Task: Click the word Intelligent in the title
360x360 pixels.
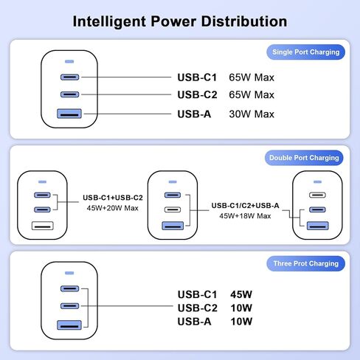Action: [x=109, y=21]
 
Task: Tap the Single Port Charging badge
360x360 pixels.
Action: [x=305, y=52]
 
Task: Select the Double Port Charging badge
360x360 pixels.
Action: [x=304, y=158]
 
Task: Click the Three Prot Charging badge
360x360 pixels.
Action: [x=305, y=263]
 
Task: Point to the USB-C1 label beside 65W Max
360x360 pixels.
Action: [x=197, y=77]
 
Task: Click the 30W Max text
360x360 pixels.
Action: [x=252, y=114]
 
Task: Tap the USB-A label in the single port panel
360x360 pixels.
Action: [x=194, y=114]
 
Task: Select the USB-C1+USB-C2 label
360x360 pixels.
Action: [x=113, y=198]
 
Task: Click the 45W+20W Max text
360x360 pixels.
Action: [x=113, y=208]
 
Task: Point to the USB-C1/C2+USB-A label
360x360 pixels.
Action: [x=245, y=206]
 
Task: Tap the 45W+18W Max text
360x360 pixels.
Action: [x=245, y=216]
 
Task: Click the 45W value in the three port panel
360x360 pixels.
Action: [x=241, y=294]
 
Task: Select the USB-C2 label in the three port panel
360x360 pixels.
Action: [x=197, y=308]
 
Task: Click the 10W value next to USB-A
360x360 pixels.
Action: [x=241, y=322]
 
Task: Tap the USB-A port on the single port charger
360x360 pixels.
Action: [x=69, y=114]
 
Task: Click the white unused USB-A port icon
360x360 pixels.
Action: [x=43, y=226]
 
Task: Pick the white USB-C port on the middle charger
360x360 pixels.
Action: [x=173, y=210]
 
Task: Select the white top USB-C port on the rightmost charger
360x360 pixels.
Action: [x=317, y=195]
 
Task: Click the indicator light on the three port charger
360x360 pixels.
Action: [x=69, y=273]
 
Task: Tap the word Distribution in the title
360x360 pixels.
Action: [x=244, y=21]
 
